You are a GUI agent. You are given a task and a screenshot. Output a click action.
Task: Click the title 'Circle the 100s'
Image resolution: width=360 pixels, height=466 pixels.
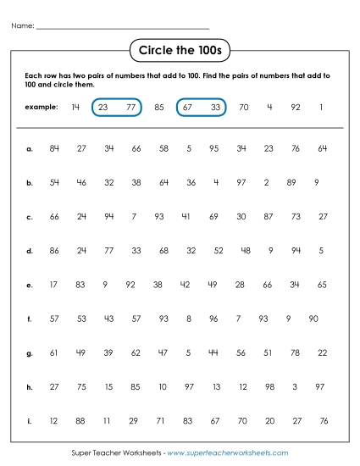click(x=180, y=51)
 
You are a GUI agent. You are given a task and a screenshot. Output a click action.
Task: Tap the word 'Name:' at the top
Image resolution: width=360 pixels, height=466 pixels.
click(x=23, y=26)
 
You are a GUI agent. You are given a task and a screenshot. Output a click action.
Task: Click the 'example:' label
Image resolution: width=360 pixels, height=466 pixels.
click(x=41, y=108)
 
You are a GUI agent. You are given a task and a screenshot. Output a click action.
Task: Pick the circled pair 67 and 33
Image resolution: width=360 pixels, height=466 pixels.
click(x=202, y=108)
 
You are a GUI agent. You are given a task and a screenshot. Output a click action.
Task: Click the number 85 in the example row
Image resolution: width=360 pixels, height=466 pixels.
click(x=159, y=108)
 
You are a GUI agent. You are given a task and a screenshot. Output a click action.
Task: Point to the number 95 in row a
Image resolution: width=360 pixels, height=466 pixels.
click(x=214, y=149)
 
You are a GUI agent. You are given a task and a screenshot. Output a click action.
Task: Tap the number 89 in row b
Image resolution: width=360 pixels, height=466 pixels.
click(x=291, y=182)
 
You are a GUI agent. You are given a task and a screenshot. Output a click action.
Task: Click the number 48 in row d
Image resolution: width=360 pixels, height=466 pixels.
click(x=246, y=251)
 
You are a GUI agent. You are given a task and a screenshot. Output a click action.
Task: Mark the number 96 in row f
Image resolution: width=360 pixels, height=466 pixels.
click(x=213, y=319)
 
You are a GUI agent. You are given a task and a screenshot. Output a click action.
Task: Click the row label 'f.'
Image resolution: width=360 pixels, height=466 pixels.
click(x=29, y=319)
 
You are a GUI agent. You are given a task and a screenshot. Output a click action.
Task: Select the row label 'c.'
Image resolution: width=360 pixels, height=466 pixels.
click(x=29, y=217)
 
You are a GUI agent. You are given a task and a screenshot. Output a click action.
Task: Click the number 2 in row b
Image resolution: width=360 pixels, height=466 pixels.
click(x=266, y=182)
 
